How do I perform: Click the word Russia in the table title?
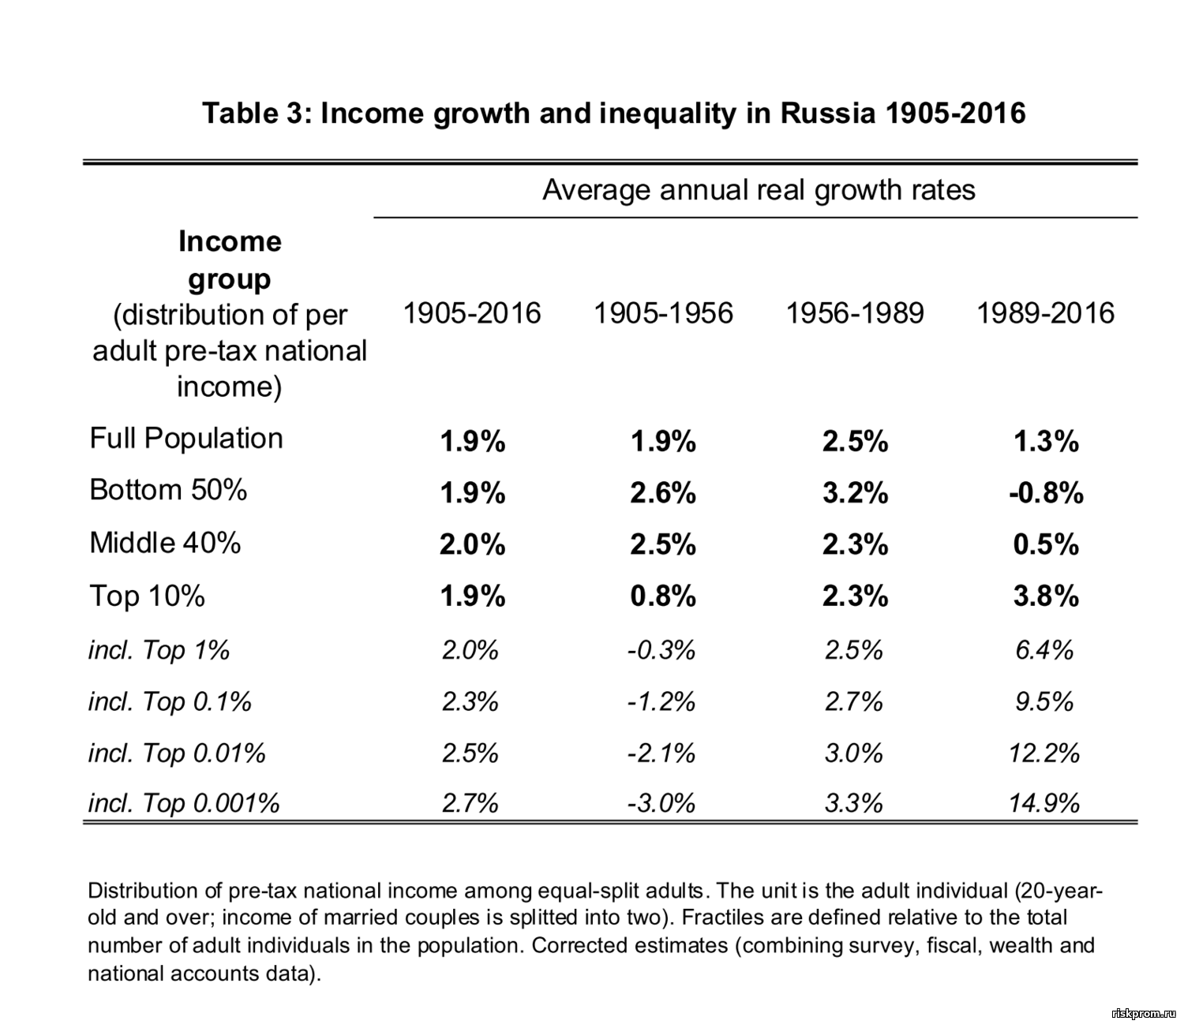[828, 114]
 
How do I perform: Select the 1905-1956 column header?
[663, 313]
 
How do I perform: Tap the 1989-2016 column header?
[1045, 313]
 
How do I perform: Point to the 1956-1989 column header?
[855, 313]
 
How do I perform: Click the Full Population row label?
[186, 438]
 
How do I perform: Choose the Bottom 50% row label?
[168, 490]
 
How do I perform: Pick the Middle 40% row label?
[165, 543]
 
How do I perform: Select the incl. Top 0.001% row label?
[184, 803]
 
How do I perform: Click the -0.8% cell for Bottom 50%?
[1045, 492]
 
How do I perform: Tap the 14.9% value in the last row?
[1043, 803]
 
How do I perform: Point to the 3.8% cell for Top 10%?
[1046, 596]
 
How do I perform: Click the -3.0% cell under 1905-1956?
[661, 803]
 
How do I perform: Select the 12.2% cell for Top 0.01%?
[1043, 753]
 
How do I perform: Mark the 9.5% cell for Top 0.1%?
[1044, 701]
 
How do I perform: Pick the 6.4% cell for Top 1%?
[1044, 650]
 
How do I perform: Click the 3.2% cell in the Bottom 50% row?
[855, 492]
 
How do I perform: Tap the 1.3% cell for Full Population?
[1046, 440]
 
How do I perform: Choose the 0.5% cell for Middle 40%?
[1046, 544]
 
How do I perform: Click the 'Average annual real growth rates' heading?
[759, 190]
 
